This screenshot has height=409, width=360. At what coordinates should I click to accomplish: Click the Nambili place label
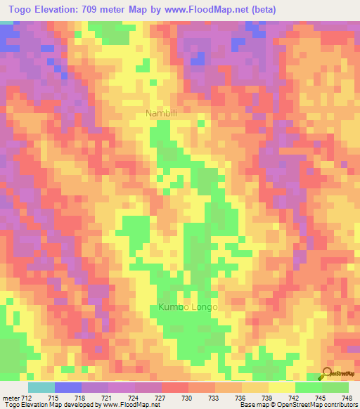tap(161, 113)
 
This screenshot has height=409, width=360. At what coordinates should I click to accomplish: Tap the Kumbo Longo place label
tap(188, 308)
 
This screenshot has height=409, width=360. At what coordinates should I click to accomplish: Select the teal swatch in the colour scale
tap(41, 388)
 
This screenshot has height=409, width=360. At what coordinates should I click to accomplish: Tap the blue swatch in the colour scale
tap(68, 388)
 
